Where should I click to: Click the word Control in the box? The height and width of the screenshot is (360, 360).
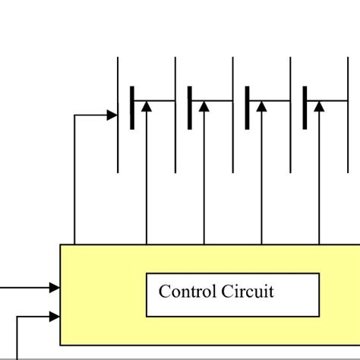click(187, 292)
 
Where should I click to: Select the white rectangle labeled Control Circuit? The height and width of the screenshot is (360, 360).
click(232, 295)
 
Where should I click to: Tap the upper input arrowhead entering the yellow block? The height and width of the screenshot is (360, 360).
click(55, 287)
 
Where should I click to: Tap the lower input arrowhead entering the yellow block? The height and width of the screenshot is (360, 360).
click(55, 315)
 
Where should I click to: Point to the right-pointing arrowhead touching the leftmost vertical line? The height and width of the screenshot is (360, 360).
click(112, 115)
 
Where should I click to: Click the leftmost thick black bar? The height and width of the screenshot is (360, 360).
click(132, 108)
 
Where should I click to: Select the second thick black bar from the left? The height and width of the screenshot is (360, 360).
click(190, 108)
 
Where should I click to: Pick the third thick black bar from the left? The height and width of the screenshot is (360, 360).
click(248, 108)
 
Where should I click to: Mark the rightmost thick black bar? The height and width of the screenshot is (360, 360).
click(305, 108)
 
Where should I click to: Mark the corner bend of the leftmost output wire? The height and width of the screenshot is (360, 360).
click(75, 115)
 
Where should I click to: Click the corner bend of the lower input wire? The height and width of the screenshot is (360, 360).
click(17, 315)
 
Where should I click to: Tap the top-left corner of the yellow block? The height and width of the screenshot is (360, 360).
click(61, 245)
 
